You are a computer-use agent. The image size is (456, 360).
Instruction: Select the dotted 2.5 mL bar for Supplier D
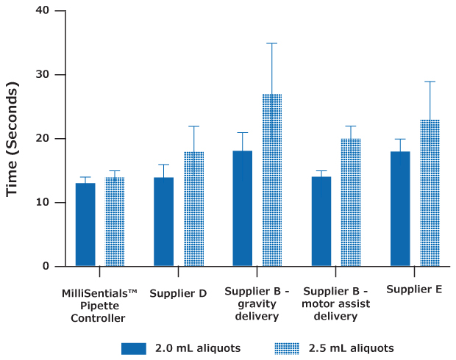[x=193, y=209]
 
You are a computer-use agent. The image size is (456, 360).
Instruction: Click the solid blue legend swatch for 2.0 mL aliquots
[x=134, y=348]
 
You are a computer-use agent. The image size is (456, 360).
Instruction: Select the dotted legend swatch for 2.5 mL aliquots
[x=286, y=348]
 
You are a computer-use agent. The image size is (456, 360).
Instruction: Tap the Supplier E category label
[x=414, y=289]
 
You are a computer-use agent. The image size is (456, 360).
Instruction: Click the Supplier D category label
[x=178, y=294]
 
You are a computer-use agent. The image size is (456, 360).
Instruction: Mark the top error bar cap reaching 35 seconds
[x=272, y=43]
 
